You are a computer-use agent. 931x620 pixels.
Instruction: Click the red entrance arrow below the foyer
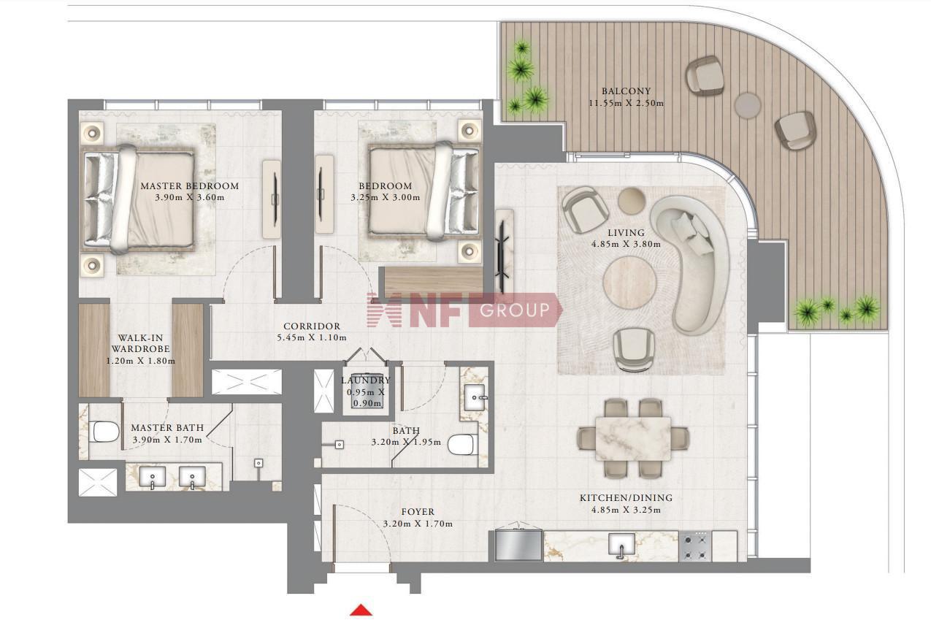[x=361, y=610]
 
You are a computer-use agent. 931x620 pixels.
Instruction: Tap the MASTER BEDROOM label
[x=190, y=185]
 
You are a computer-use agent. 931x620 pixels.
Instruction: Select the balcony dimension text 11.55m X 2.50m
[x=626, y=103]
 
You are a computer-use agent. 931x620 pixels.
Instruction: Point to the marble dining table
[x=633, y=438]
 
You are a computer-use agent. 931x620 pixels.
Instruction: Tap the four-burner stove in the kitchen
[x=695, y=546]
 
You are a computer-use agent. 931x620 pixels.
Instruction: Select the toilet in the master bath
[x=104, y=432]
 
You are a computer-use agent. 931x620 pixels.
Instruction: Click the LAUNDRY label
[x=366, y=380]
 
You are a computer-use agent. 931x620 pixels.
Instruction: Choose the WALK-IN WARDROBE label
[x=140, y=343]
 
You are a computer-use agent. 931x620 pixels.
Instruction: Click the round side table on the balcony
[x=747, y=105]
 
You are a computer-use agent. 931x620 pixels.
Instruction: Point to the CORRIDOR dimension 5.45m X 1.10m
[x=312, y=337]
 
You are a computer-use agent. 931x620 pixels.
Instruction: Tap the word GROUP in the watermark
[x=515, y=310]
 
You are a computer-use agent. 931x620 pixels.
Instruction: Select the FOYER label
[x=418, y=511]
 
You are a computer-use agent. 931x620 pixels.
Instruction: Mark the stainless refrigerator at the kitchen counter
[x=518, y=545]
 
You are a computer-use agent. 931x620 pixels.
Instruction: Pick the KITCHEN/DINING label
[x=626, y=497]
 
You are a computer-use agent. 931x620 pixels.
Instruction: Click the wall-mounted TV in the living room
[x=504, y=250]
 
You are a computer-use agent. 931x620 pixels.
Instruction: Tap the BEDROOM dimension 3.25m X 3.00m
[x=386, y=197]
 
